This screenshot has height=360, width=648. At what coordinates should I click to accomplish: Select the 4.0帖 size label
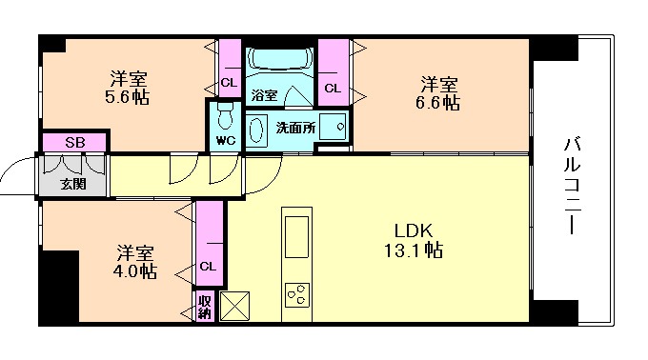click(x=136, y=270)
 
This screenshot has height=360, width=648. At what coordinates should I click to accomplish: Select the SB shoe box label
click(x=73, y=142)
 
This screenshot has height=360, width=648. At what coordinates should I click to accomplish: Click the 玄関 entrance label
click(x=72, y=183)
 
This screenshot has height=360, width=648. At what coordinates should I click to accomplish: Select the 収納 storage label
click(x=205, y=307)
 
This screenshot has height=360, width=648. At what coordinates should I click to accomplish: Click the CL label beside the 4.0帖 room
click(x=207, y=266)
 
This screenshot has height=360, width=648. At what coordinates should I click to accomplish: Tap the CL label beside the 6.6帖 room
click(x=332, y=89)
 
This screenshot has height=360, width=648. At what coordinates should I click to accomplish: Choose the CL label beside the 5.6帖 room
click(x=228, y=82)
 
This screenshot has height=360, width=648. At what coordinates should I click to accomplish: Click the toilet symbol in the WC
click(x=225, y=117)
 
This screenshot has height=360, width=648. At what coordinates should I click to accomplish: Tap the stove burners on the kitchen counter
click(x=297, y=295)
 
